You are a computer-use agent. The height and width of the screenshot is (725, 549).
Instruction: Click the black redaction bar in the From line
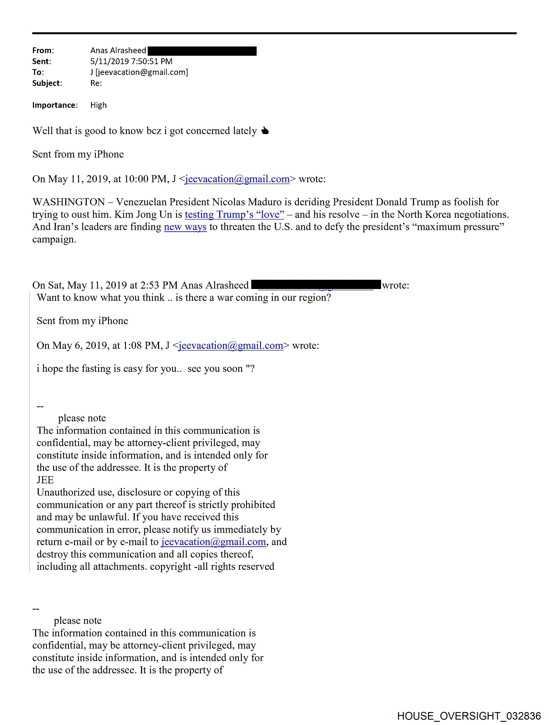(x=202, y=51)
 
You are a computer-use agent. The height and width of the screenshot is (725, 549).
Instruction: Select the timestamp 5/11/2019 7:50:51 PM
(x=131, y=61)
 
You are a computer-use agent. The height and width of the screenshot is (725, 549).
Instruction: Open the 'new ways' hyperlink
(x=185, y=227)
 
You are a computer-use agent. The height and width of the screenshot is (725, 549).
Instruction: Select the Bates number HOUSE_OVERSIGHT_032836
(x=469, y=716)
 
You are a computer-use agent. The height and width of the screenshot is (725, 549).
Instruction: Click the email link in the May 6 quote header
(x=231, y=345)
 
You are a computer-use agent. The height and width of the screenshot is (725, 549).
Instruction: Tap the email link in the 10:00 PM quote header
(x=237, y=179)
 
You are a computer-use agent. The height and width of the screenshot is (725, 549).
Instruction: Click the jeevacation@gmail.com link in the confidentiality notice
(x=214, y=542)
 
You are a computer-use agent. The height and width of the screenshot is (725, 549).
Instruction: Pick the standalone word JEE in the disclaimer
(x=45, y=480)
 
